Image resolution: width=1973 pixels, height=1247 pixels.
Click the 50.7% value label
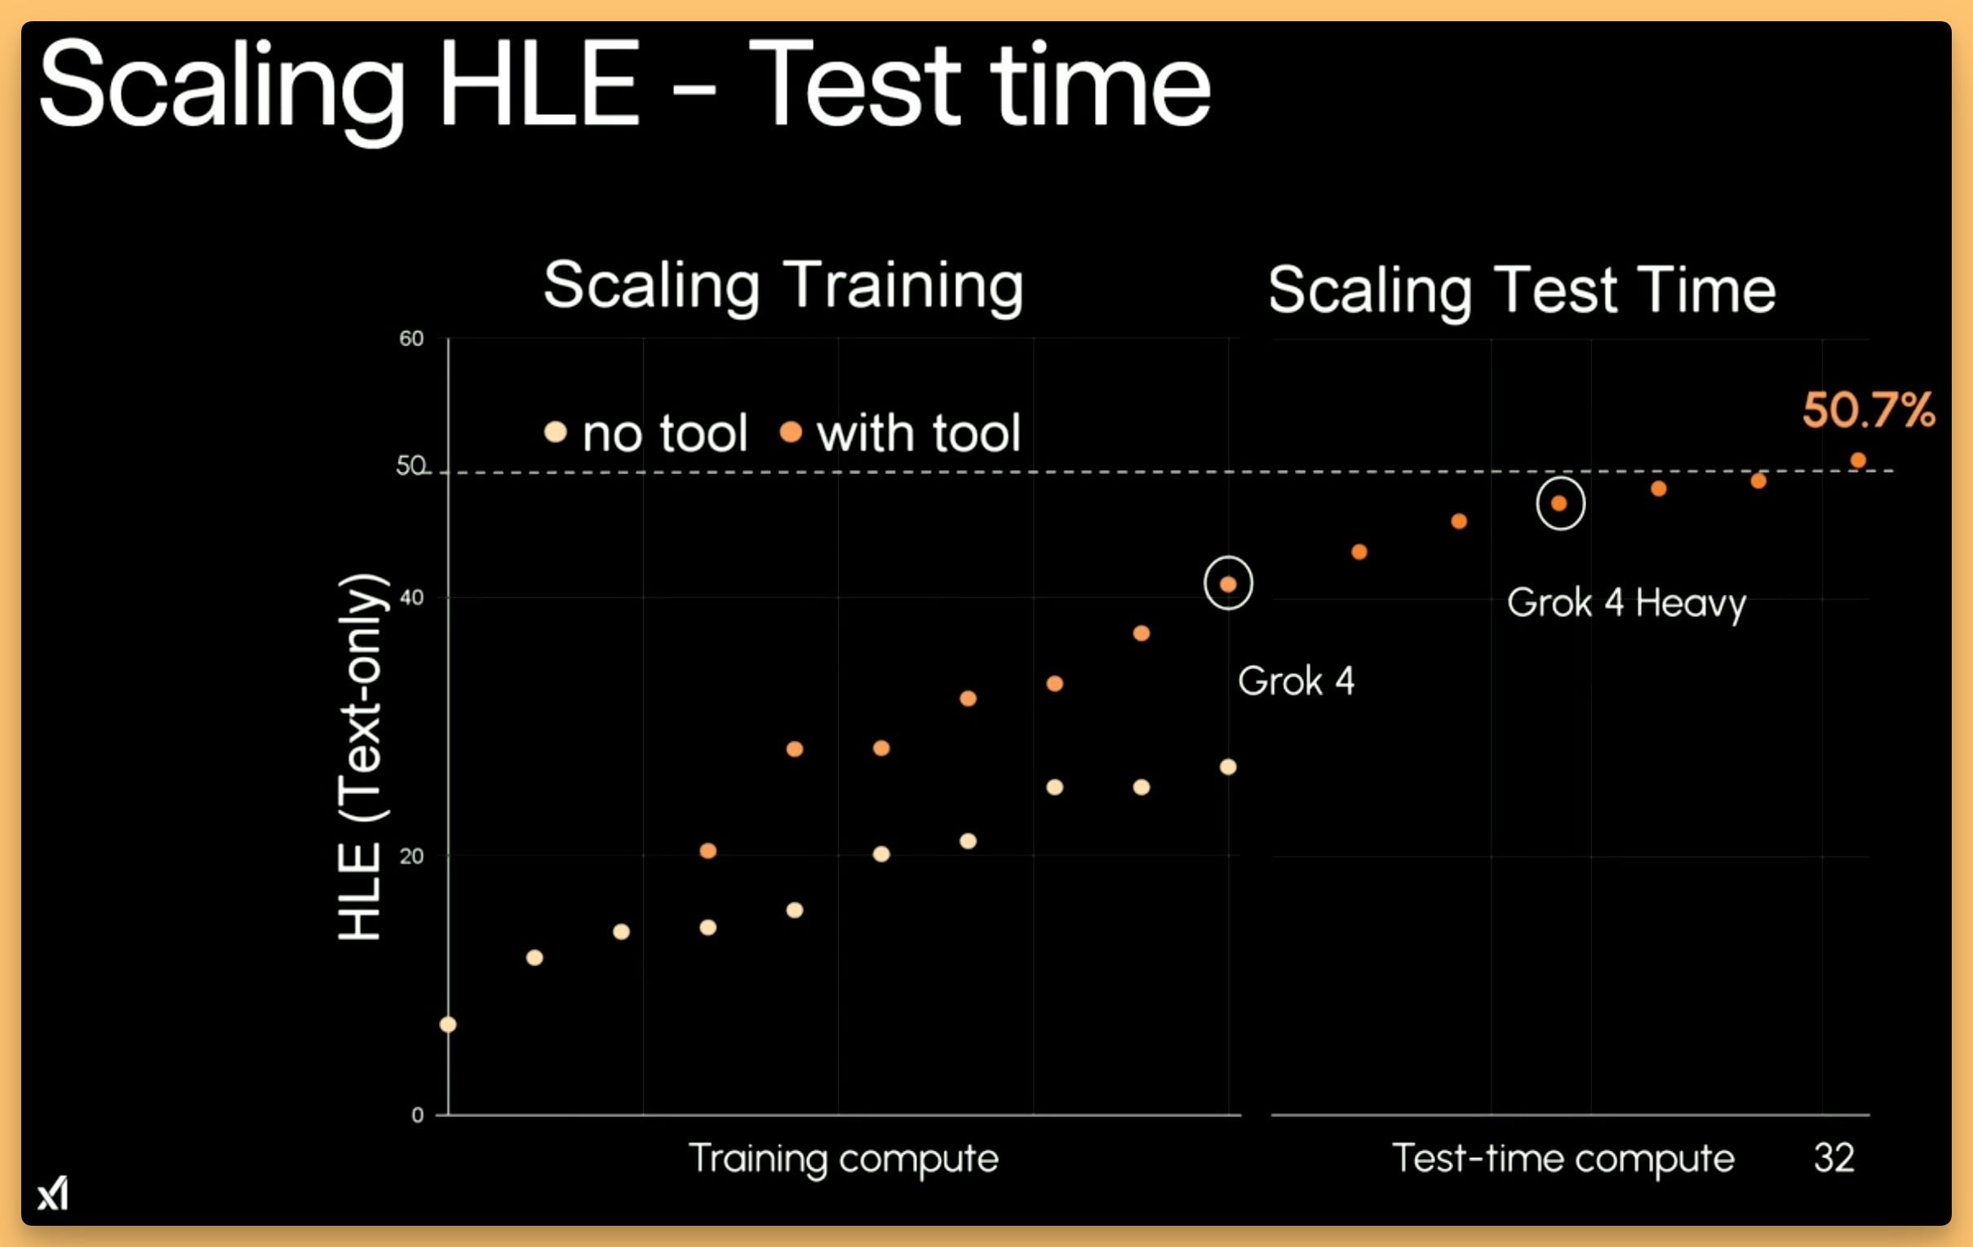[x=1868, y=410]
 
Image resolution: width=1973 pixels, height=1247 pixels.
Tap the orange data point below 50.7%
[x=1858, y=460]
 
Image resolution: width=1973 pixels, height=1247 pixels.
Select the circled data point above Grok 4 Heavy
[x=1559, y=503]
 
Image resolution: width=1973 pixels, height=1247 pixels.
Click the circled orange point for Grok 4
[x=1228, y=584]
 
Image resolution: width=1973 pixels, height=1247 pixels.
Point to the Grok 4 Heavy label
[x=1626, y=604]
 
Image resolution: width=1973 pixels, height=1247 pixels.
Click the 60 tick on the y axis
[x=411, y=339]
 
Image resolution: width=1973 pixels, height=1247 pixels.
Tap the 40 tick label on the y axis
[x=411, y=597]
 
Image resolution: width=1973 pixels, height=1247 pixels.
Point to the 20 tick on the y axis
[x=411, y=856]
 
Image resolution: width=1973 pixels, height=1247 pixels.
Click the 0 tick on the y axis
[x=418, y=1115]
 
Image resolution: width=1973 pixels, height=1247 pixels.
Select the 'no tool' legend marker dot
[x=556, y=432]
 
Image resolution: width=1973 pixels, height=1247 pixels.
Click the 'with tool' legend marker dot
[x=791, y=432]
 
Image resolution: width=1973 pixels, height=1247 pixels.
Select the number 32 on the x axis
[x=1833, y=1158]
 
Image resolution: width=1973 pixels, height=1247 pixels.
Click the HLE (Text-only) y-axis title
[x=361, y=757]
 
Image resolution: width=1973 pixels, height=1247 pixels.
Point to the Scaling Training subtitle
[x=783, y=286]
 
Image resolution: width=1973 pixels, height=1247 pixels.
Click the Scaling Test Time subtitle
[x=1523, y=291]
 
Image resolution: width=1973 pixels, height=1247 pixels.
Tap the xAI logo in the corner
[x=53, y=1193]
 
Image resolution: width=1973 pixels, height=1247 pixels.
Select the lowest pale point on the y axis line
[x=448, y=1024]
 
